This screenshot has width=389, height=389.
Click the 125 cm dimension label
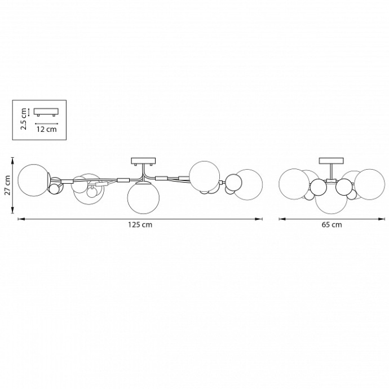[x=140, y=225]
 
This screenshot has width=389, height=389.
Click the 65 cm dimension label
[x=331, y=225]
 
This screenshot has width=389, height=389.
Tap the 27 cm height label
[x=8, y=185]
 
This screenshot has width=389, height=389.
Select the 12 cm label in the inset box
[x=47, y=129]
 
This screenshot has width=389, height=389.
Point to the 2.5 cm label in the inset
[x=24, y=119]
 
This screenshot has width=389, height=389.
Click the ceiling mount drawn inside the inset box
[x=46, y=112]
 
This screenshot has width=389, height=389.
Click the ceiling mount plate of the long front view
[x=143, y=161]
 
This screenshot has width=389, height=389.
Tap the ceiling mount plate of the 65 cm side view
[x=331, y=161]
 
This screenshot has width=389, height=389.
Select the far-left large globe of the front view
[x=34, y=180]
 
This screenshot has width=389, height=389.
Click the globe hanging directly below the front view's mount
[x=143, y=197]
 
